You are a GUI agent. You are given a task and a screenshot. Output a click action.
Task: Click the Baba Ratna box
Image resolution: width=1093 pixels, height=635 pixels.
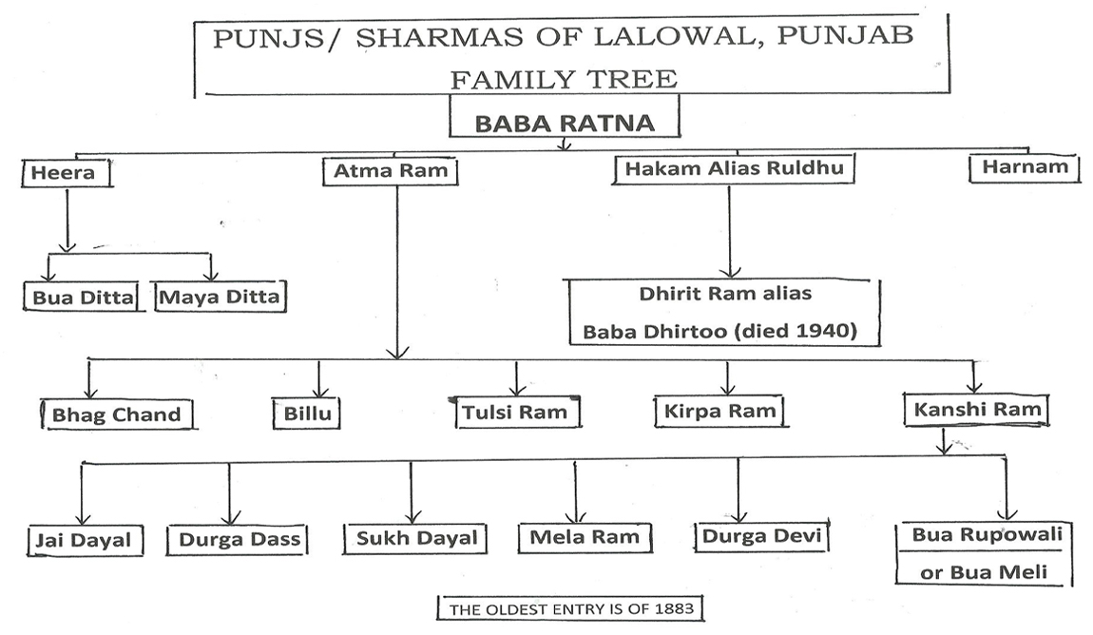click(x=565, y=116)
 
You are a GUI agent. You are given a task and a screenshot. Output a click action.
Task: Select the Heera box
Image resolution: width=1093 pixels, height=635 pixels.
click(x=67, y=173)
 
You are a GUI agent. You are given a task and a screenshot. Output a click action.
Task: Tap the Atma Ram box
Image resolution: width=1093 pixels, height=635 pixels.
click(x=391, y=171)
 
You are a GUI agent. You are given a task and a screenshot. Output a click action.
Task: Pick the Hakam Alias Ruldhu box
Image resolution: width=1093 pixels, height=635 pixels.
click(x=734, y=169)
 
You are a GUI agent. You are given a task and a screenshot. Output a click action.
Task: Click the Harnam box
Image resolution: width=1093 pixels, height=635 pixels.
click(x=1025, y=168)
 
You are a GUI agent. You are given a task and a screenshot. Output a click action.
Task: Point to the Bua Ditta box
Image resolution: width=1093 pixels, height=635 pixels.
click(x=83, y=297)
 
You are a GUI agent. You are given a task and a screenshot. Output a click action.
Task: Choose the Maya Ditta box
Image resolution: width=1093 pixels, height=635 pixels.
click(x=219, y=297)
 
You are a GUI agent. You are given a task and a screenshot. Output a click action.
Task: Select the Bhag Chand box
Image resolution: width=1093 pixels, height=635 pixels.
click(x=117, y=414)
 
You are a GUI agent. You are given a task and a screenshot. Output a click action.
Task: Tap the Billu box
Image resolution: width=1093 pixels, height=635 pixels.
click(x=307, y=413)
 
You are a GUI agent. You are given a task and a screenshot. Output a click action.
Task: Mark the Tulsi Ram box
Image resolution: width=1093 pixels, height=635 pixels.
click(x=514, y=412)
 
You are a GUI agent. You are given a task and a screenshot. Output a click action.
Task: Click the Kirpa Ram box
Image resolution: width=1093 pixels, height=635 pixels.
click(x=719, y=411)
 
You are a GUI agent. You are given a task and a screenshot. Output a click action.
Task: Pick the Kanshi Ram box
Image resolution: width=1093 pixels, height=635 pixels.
click(x=977, y=409)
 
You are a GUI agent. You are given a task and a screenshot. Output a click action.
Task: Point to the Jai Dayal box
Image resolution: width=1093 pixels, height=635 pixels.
click(x=85, y=540)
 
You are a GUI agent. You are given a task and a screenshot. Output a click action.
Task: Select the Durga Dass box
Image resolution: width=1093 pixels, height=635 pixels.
click(x=238, y=539)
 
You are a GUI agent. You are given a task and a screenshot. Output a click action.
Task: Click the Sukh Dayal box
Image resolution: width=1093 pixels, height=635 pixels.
click(x=415, y=538)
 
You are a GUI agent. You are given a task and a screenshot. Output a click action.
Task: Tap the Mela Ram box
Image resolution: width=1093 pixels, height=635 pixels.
click(x=585, y=537)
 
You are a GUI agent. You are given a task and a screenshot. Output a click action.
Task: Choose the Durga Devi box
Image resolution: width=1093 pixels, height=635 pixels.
click(x=762, y=535)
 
